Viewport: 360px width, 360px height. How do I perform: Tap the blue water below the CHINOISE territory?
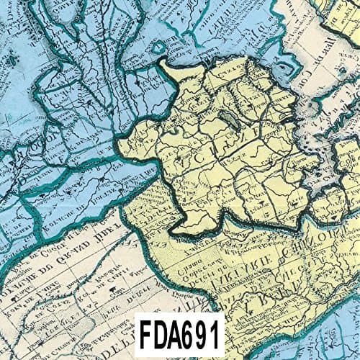tap(324, 338)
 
